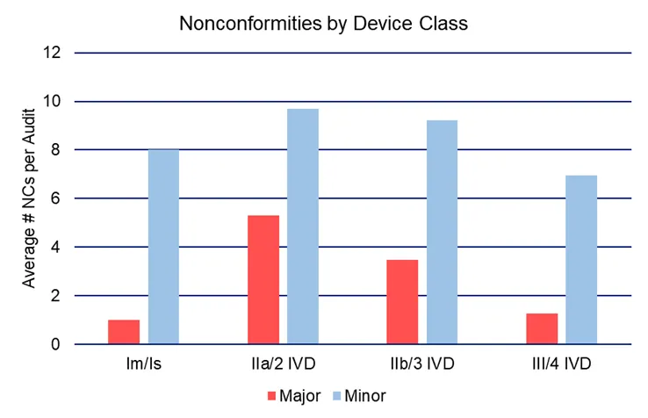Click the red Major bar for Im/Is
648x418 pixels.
click(124, 332)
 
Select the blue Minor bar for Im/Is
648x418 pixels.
click(163, 247)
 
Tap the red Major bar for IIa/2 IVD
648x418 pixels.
click(263, 279)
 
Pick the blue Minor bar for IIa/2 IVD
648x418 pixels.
click(303, 227)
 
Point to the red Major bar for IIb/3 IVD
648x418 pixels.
click(402, 302)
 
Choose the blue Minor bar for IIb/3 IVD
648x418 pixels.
click(442, 232)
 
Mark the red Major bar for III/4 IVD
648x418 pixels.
click(542, 328)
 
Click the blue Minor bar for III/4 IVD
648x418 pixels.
click(581, 260)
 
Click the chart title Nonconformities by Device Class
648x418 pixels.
click(323, 24)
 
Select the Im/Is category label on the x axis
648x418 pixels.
click(143, 363)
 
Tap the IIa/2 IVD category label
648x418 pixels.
click(283, 363)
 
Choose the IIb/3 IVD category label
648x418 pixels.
click(422, 363)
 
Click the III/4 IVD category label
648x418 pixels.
click(562, 363)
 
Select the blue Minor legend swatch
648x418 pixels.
click(335, 396)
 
